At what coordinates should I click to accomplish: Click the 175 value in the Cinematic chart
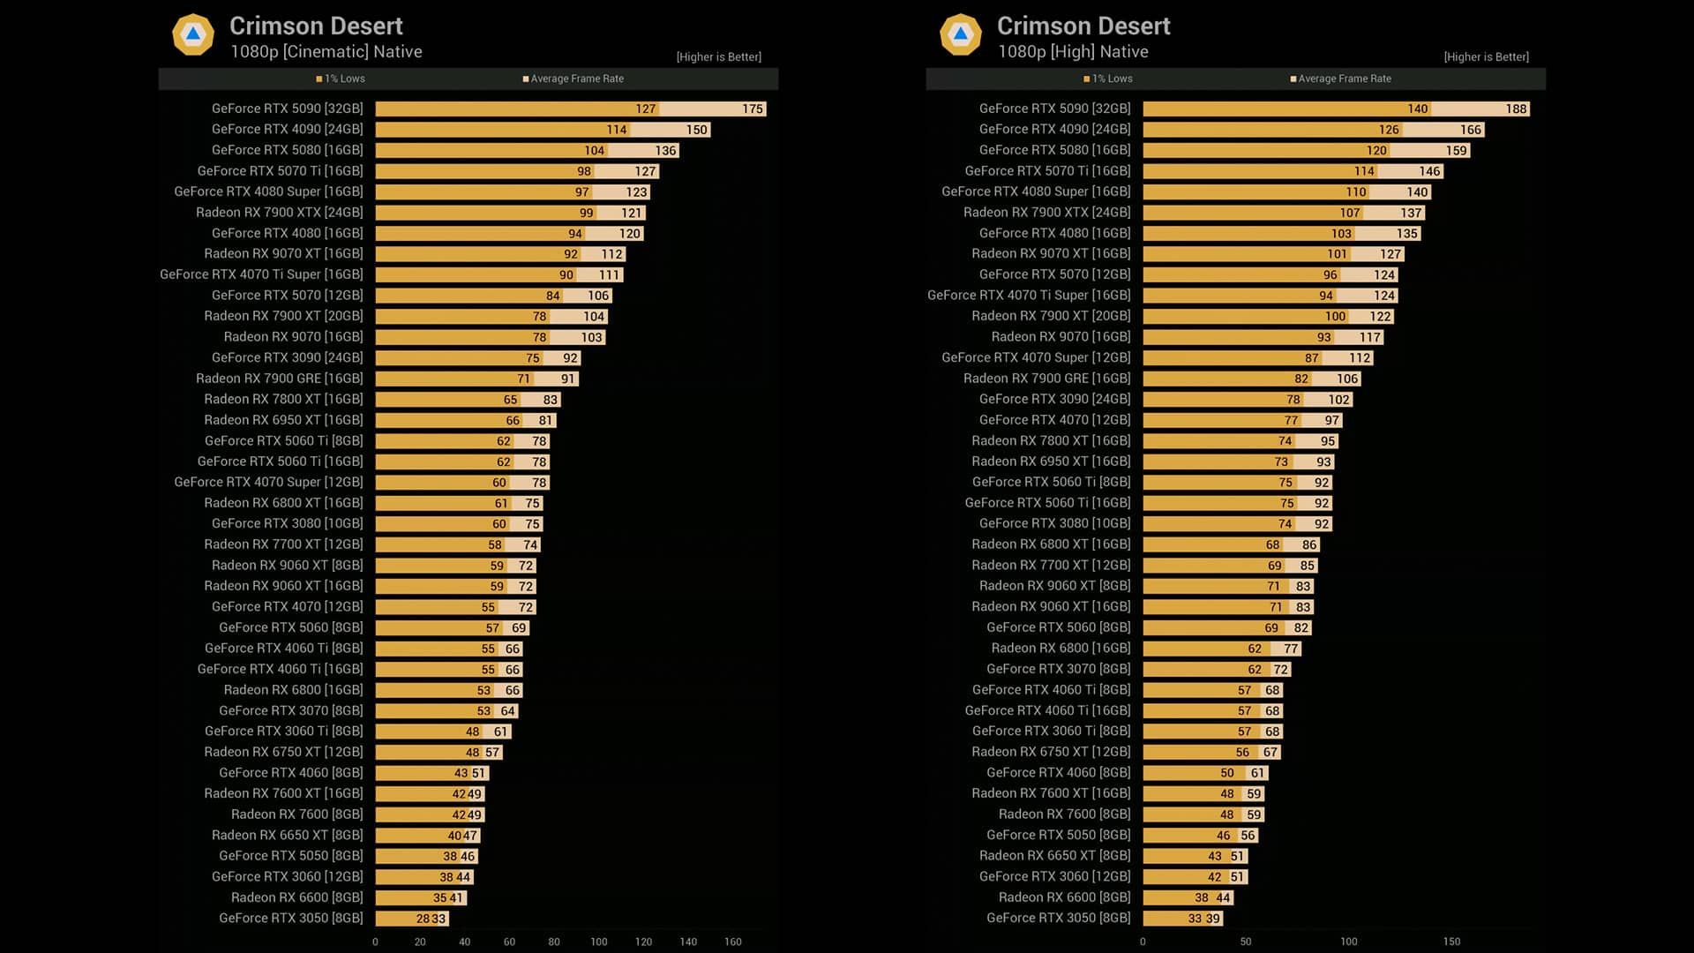tap(752, 109)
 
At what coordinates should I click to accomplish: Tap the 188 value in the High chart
tap(1516, 109)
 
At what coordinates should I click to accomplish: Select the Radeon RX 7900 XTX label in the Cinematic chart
tap(279, 213)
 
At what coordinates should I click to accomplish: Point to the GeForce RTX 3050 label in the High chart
tap(1058, 918)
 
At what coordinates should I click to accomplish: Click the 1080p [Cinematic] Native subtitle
tap(326, 52)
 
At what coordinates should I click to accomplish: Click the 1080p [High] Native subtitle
tap(1073, 52)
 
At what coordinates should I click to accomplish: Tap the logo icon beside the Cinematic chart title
tap(193, 35)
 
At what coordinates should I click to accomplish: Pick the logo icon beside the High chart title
tap(961, 35)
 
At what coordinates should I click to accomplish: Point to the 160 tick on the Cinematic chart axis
tap(732, 942)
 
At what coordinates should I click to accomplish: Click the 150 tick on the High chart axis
tap(1451, 942)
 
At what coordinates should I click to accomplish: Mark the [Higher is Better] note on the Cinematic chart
tap(718, 57)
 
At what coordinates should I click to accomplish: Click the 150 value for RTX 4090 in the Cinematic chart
tap(696, 130)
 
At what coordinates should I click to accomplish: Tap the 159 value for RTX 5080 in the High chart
tap(1456, 151)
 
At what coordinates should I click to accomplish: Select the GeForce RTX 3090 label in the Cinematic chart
tap(287, 357)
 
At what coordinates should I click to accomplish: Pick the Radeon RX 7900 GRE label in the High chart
tap(1046, 379)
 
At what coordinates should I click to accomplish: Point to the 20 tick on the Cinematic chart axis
tap(420, 942)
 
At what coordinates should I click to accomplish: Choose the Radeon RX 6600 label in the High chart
tap(1064, 897)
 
